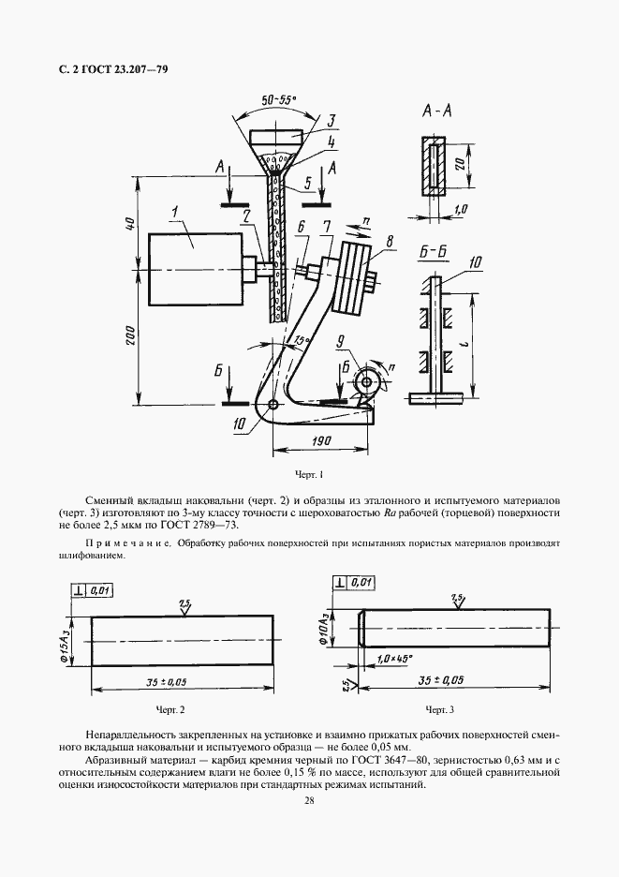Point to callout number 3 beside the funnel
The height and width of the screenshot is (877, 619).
tap(331, 121)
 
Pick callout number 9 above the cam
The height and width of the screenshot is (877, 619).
tap(342, 341)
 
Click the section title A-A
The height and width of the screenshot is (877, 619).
tap(437, 111)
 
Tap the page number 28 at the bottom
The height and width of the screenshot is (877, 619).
tap(309, 799)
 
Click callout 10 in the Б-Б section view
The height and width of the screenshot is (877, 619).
tap(476, 262)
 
